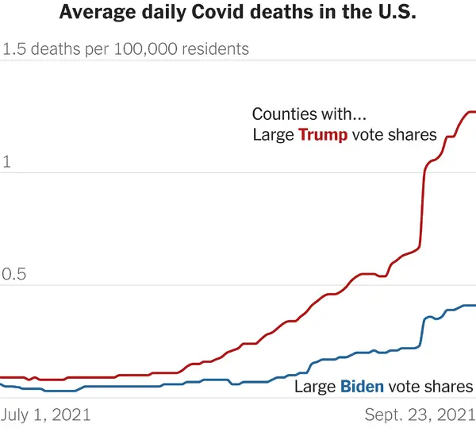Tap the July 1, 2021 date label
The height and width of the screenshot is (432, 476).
pyautogui.click(x=46, y=415)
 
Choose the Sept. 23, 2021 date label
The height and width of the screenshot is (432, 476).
pyautogui.click(x=420, y=415)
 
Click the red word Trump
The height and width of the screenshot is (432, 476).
pyautogui.click(x=322, y=135)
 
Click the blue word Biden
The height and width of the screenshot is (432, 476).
pyautogui.click(x=362, y=388)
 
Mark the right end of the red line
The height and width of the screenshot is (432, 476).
pyautogui.click(x=474, y=113)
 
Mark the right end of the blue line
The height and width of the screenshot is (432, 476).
pyautogui.click(x=474, y=305)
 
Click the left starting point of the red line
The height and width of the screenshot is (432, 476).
pyautogui.click(x=2, y=377)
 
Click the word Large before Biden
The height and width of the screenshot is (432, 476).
pyautogui.click(x=315, y=388)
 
